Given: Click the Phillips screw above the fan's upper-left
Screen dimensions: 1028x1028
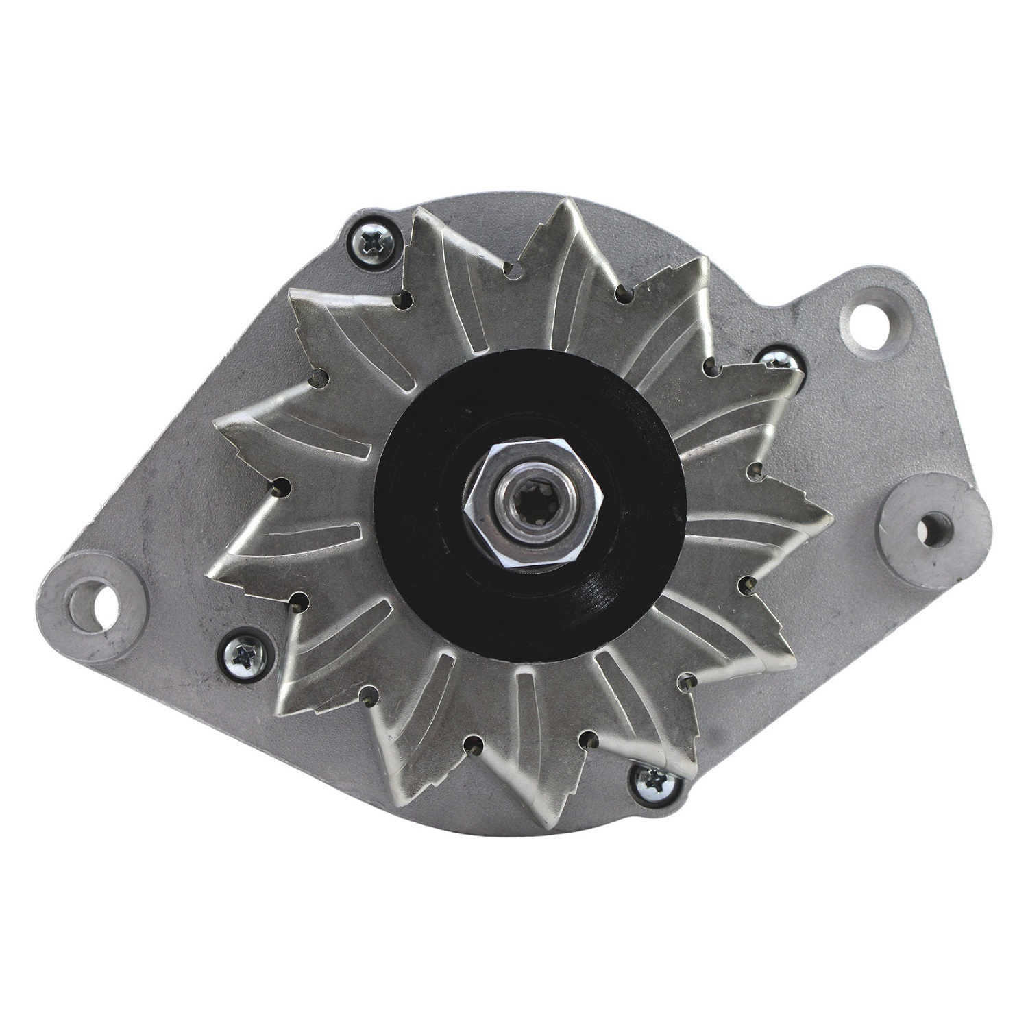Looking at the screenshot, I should tap(371, 241).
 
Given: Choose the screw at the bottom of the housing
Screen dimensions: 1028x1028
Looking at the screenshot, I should tap(652, 779).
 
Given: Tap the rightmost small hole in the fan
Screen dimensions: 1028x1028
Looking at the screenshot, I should tap(754, 469).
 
